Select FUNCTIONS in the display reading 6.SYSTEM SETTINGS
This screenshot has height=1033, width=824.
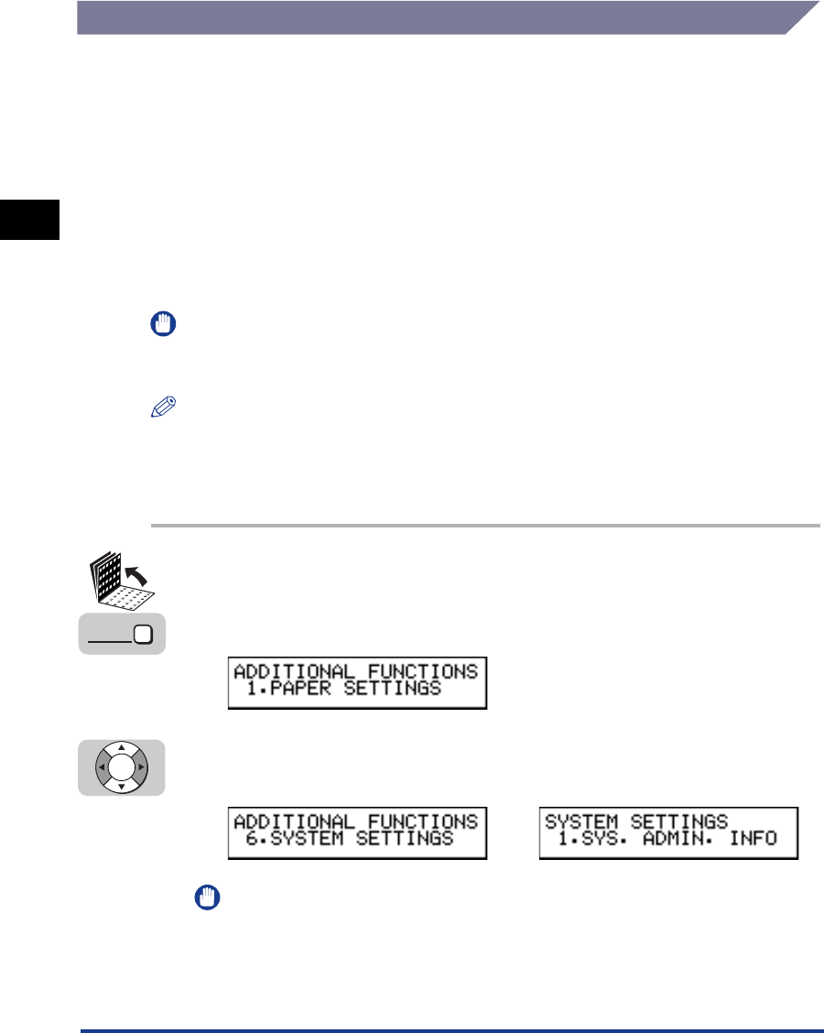[x=422, y=821]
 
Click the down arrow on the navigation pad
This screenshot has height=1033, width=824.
[x=122, y=786]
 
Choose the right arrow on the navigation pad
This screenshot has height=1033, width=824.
[x=141, y=767]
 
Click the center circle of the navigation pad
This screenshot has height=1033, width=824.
[x=122, y=767]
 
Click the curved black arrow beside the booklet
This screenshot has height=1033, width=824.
[x=138, y=578]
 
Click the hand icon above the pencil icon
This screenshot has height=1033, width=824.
[x=158, y=324]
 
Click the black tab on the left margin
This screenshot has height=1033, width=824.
[x=29, y=220]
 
